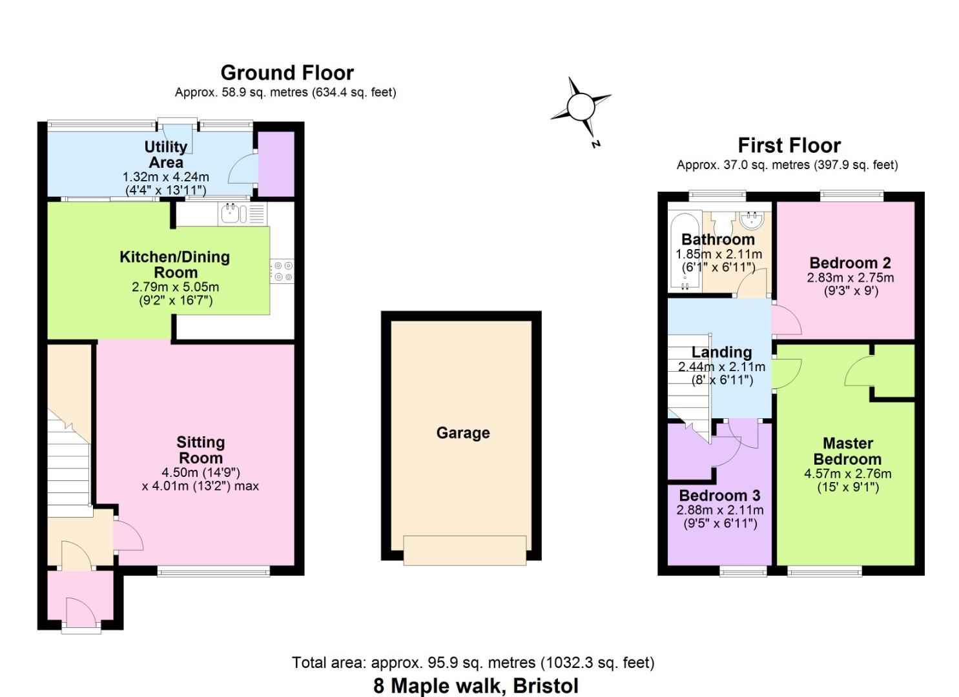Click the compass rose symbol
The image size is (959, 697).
pos(581,106)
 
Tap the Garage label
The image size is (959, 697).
pos(463,433)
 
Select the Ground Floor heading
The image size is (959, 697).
pos(287,73)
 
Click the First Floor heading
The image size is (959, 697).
pos(789,145)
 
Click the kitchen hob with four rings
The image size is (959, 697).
pos(282,271)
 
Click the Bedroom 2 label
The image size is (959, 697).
pos(850,263)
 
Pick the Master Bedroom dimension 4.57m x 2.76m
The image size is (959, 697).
pos(847,474)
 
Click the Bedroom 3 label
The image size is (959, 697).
pos(719,496)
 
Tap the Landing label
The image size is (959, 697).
pos(721,352)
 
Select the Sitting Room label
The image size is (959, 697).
pos(201,450)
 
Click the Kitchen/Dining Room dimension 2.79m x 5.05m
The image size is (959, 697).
pos(175,287)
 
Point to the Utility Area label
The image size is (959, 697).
pos(165,155)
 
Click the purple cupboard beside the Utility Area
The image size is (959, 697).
pos(276,164)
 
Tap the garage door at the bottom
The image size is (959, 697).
pos(464,550)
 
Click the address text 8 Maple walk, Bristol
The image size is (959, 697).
pos(476,685)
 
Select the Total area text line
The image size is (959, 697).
pos(473,663)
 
